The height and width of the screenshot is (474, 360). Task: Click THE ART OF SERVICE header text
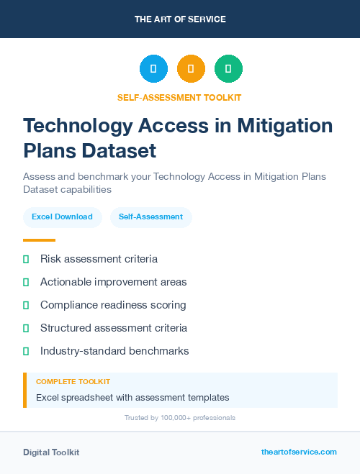tap(180, 19)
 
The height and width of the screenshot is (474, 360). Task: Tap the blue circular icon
tap(153, 69)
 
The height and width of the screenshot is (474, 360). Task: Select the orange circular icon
tap(191, 69)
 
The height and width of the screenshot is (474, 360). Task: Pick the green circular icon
tap(229, 69)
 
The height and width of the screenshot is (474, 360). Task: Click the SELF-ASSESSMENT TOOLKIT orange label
tap(180, 97)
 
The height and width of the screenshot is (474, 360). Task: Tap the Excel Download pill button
tap(62, 217)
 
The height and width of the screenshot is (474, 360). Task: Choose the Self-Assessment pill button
tap(150, 217)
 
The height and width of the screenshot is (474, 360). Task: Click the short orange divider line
tap(39, 240)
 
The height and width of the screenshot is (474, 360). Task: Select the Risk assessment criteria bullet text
tap(99, 259)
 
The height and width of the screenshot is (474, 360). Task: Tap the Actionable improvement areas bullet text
tap(113, 282)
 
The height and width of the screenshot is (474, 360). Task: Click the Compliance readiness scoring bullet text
tap(113, 305)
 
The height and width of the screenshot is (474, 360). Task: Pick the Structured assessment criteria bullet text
tap(114, 328)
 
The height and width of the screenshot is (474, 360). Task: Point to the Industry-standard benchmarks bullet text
tap(114, 351)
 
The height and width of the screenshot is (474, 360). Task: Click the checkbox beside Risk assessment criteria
tap(26, 259)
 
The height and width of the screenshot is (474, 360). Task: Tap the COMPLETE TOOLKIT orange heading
tap(73, 382)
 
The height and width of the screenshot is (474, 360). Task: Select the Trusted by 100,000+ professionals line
tap(180, 417)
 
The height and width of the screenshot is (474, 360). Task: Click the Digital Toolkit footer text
tap(51, 452)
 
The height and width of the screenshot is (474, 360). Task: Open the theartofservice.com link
tap(299, 452)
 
